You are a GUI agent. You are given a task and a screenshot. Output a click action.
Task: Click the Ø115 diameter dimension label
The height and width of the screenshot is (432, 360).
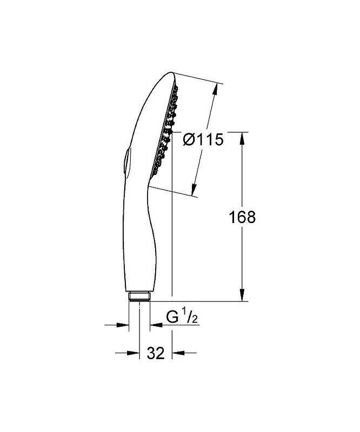203,140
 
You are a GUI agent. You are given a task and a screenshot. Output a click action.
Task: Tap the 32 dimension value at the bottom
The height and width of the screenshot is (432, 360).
156,353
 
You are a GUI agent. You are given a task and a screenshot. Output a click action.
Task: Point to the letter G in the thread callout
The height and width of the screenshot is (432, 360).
172,318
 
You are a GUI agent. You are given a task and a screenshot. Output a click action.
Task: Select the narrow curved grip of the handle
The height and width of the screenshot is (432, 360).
142,238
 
